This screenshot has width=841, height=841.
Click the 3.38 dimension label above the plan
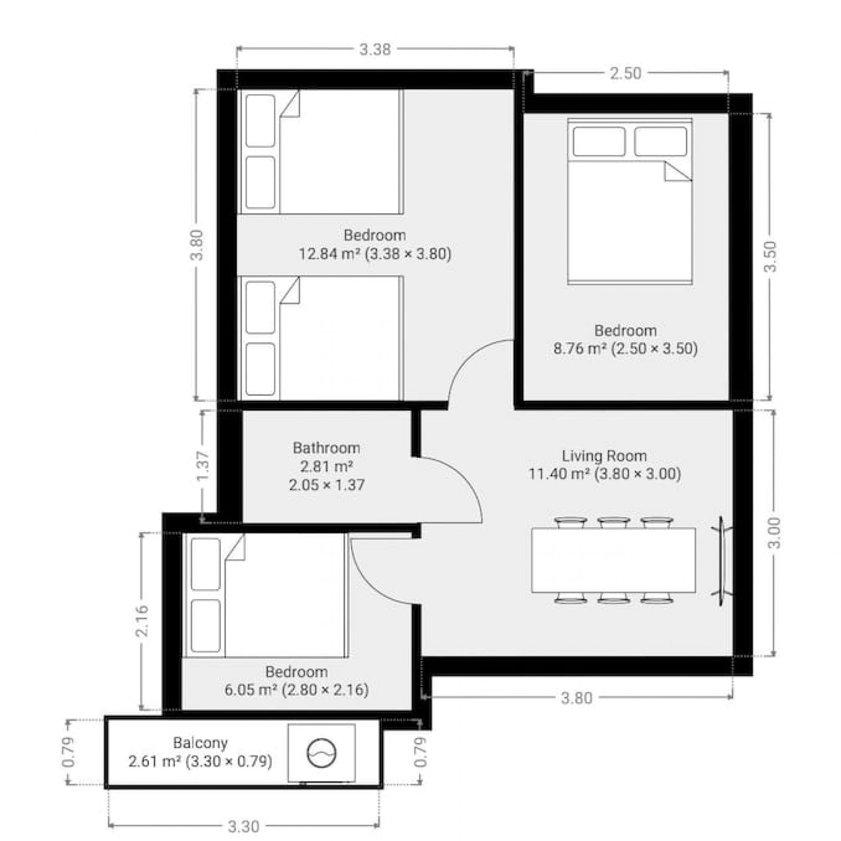coord(375,50)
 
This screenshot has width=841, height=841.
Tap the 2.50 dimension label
coord(625,74)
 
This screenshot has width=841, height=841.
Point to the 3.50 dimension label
coord(770,257)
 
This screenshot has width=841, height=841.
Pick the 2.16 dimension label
coord(143,621)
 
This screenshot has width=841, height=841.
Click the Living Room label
coord(604,456)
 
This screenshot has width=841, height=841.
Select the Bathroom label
coord(326,447)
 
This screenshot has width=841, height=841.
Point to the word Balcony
coord(200,743)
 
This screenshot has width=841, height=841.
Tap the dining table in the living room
coord(614,560)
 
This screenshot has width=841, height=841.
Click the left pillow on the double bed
coord(599,141)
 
